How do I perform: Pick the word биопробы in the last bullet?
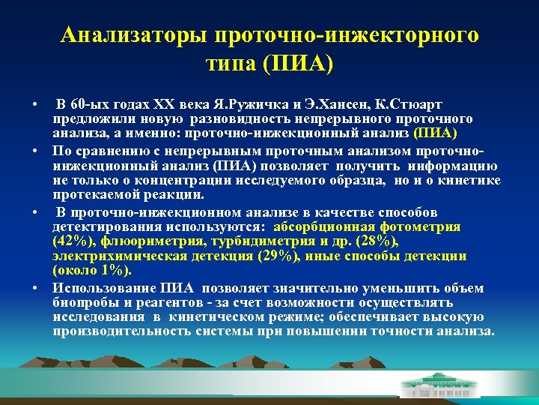tap(82, 302)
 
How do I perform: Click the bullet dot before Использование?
tap(35, 288)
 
